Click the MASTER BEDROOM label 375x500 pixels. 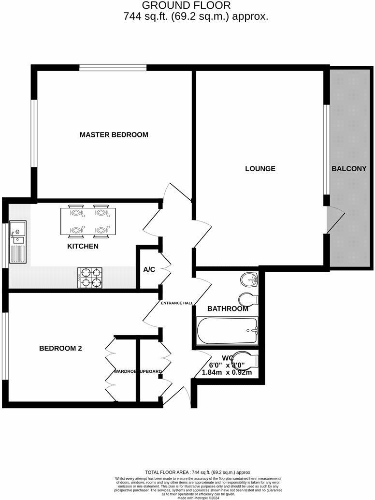point(114,134)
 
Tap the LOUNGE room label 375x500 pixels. point(260,169)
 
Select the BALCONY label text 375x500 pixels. point(348,169)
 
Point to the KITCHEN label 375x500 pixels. point(83,246)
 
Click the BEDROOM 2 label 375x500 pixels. point(60,348)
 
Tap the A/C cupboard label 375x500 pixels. point(149,269)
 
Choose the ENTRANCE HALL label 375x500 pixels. point(177,303)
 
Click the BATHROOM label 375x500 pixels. point(227,309)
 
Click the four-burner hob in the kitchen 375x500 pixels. point(89,278)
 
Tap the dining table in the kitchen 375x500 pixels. point(88,221)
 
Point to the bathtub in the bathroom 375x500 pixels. point(227,330)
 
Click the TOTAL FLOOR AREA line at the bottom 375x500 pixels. point(198,472)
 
